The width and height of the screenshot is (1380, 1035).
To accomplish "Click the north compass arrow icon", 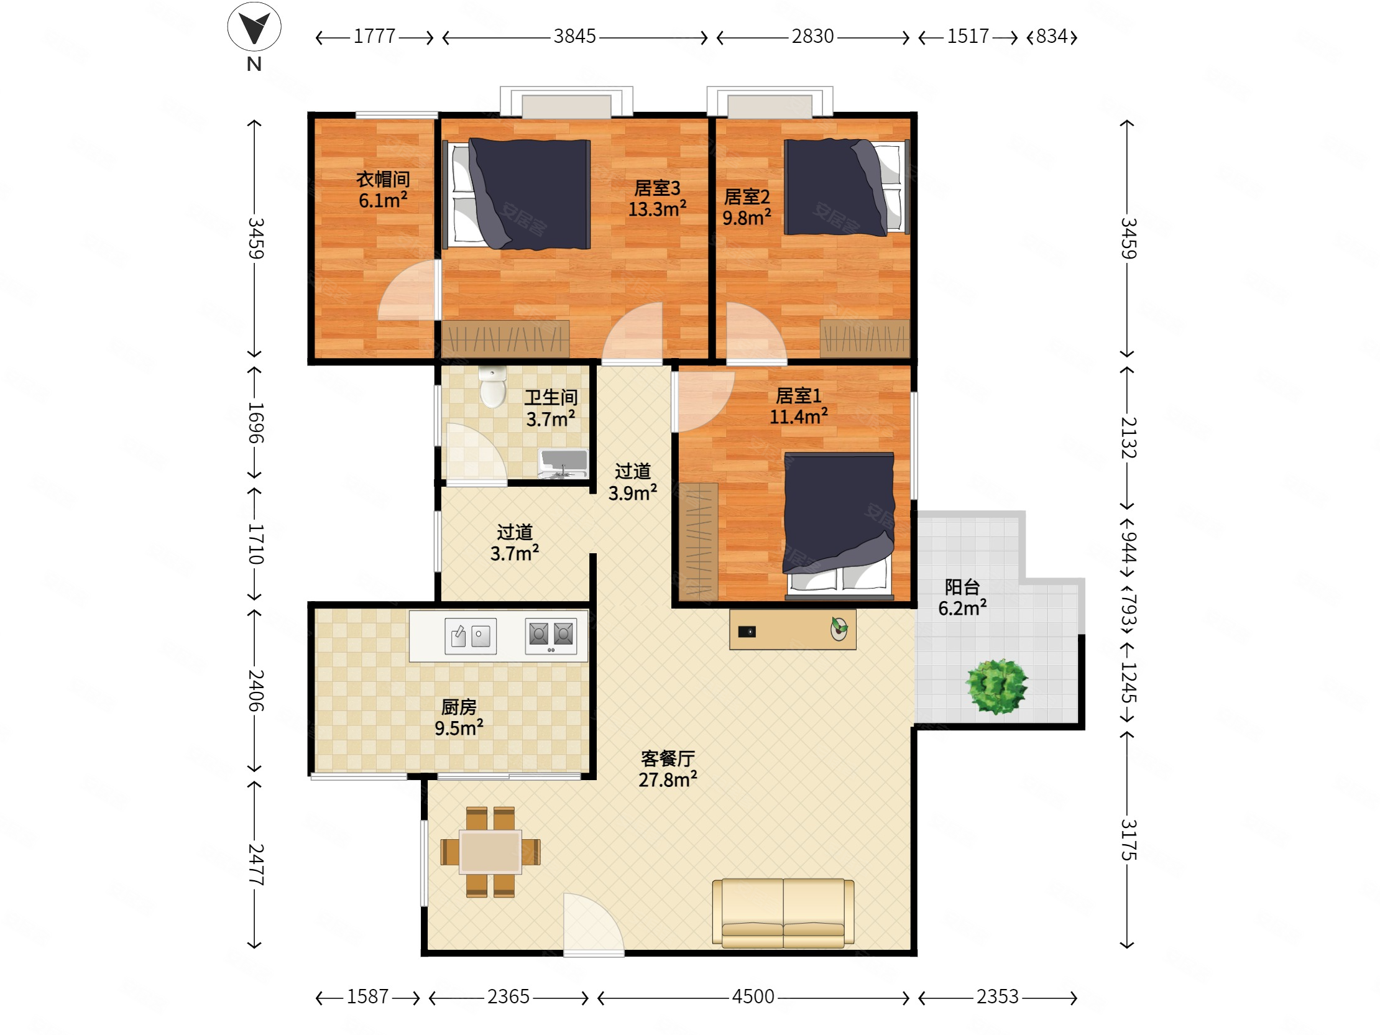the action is click(254, 26).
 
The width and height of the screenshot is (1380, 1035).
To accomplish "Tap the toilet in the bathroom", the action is click(493, 387).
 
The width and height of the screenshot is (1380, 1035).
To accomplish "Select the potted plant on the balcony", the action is click(996, 686).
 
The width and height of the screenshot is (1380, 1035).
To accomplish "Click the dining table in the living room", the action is click(490, 852).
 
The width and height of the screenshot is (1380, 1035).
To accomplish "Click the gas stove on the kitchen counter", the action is click(551, 636).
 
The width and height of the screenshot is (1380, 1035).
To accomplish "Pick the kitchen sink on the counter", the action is click(471, 636).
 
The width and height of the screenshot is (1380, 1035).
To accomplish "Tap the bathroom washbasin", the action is click(563, 463).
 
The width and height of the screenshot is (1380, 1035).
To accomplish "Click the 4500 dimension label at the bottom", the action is click(753, 996).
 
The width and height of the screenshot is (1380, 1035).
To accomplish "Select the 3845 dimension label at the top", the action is click(574, 36).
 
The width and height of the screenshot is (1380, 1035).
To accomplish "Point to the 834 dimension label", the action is click(1052, 36).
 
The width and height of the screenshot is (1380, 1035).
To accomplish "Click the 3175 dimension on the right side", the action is click(1129, 840).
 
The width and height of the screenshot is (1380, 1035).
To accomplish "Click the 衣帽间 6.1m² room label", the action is click(382, 190).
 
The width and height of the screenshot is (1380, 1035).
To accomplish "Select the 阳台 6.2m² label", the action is click(962, 597).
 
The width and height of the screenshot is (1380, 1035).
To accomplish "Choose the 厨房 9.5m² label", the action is click(459, 717).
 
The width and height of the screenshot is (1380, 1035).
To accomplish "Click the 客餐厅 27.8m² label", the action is click(668, 769).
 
